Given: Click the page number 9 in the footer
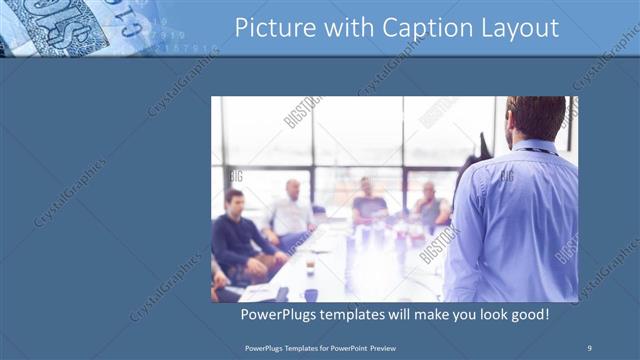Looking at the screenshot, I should click(589, 347).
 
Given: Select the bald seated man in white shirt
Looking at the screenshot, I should click(290, 212).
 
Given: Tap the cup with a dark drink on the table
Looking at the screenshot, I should click(310, 266).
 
